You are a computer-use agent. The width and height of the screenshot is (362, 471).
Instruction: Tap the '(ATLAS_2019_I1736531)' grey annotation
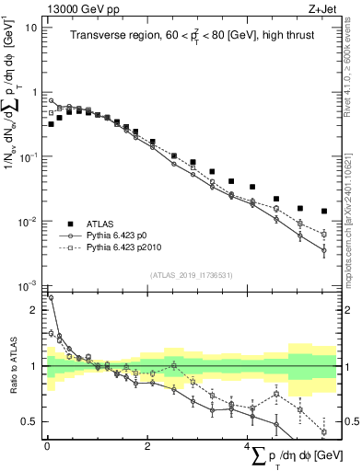point(190,274)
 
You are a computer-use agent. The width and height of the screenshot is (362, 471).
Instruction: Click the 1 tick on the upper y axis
point(35,92)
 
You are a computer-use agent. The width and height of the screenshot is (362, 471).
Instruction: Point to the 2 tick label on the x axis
point(147,446)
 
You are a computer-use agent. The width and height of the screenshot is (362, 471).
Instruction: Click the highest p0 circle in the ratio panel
point(52,297)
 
